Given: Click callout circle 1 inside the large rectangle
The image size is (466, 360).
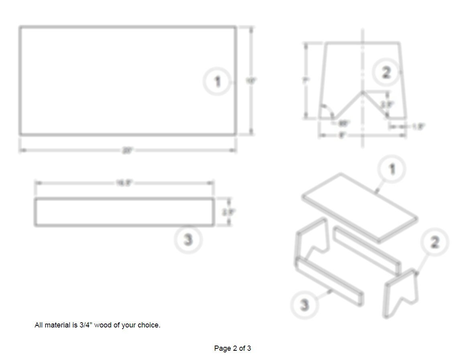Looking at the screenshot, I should pos(218,82).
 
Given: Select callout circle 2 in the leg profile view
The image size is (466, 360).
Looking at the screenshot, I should pos(386,73).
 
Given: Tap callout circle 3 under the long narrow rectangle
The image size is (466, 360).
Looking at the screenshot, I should pos(188,240).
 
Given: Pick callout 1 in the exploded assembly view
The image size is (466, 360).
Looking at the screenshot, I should pos(392,169).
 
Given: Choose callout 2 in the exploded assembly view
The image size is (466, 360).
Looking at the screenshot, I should pos(434,242).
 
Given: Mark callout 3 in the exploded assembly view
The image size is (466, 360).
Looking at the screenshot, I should pos(305,305).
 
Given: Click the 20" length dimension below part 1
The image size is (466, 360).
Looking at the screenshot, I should pos(127,151).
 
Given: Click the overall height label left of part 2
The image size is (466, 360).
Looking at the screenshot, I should pos(305,80).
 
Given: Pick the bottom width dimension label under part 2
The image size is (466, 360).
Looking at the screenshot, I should pos(342,136).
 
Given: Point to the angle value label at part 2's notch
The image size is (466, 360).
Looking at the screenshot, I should pos(344,123).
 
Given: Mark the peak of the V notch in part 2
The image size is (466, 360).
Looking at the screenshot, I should pos(362,92).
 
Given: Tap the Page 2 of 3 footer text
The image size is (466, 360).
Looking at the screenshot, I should pos(232,348).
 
